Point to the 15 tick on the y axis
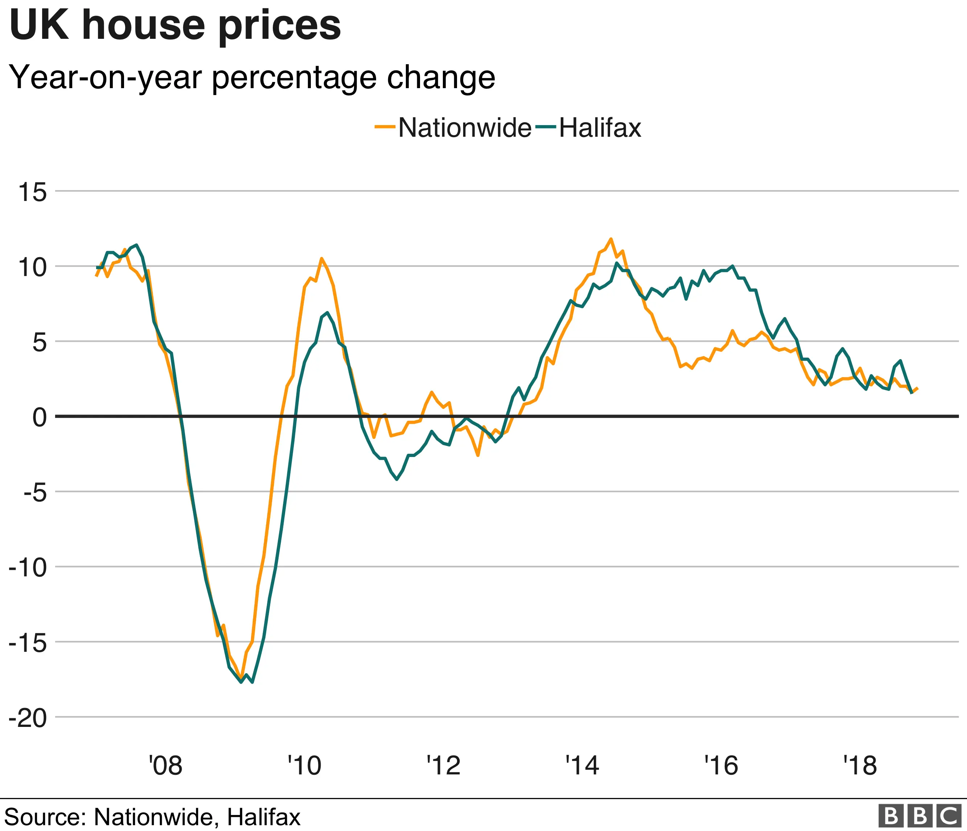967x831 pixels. point(33,192)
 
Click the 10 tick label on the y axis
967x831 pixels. point(33,267)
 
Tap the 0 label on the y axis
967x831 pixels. point(40,417)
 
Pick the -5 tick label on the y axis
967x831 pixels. point(35,492)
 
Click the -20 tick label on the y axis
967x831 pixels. point(28,717)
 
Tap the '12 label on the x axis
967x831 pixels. point(443,765)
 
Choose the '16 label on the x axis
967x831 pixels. point(721,765)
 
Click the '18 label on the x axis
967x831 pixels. point(860,765)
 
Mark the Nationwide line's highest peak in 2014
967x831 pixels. point(610,239)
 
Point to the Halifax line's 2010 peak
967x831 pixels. point(327,313)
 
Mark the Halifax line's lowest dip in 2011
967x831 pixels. point(397,479)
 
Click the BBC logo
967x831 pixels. point(920,816)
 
